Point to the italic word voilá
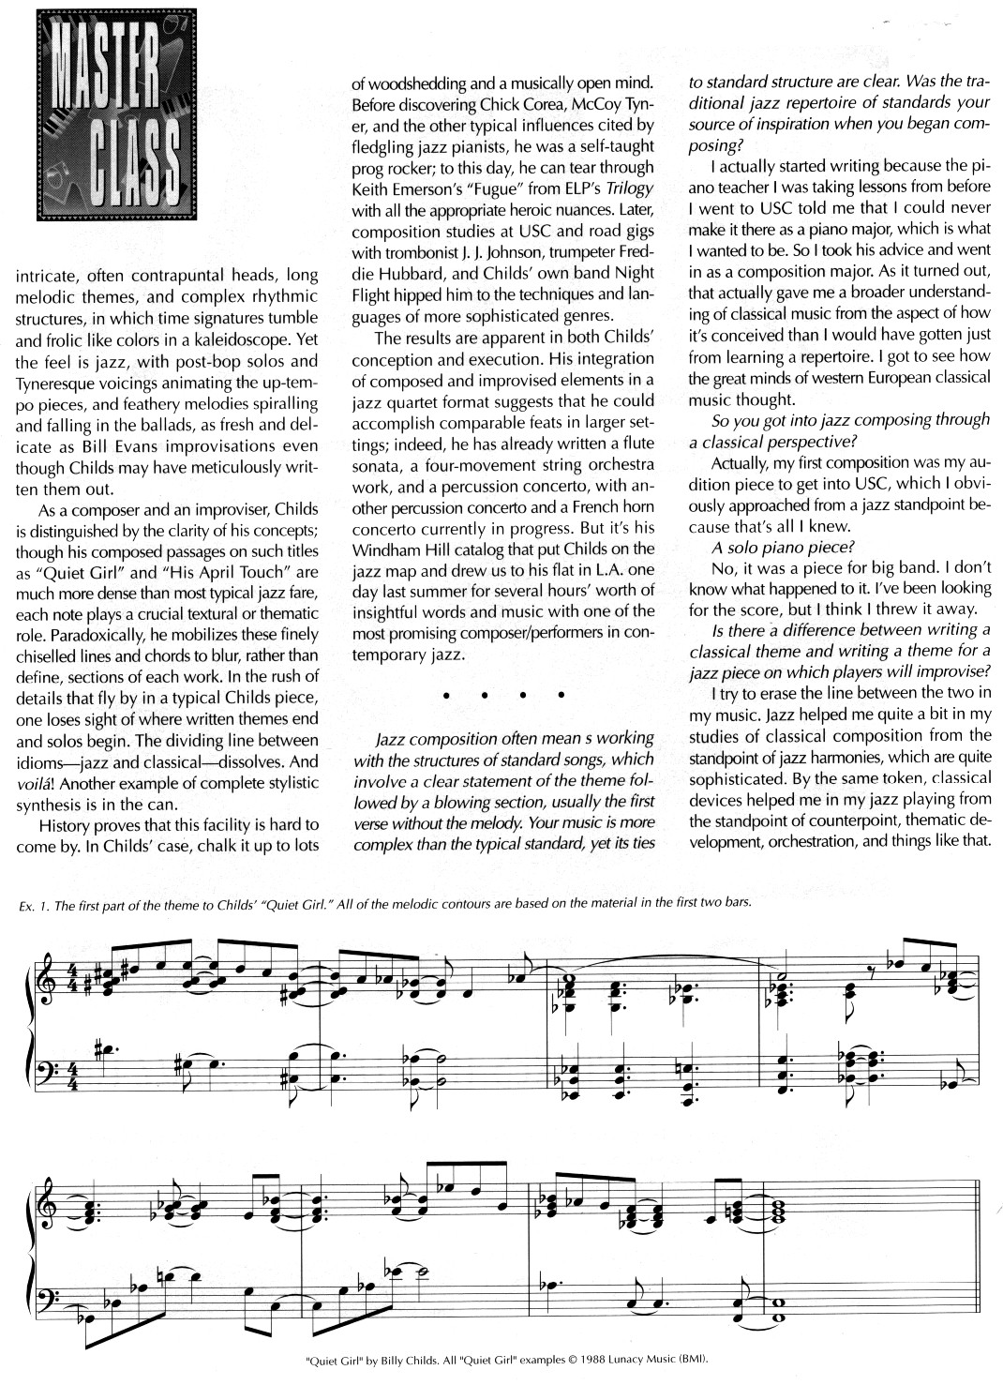[31, 781]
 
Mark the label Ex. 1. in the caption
[33, 904]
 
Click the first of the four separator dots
[446, 696]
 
